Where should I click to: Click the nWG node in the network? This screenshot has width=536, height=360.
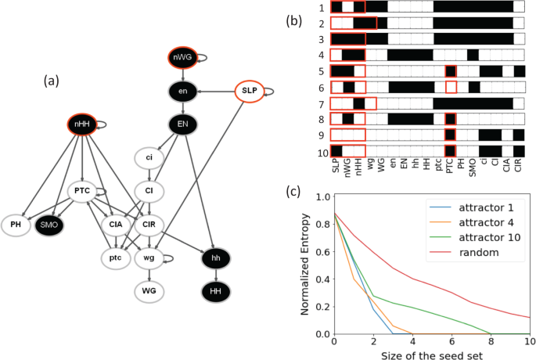182,58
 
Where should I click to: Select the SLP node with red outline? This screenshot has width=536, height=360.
249,92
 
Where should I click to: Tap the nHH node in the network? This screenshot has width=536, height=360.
81,124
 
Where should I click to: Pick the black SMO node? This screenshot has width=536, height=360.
50,225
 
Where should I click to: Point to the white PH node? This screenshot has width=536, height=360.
16,225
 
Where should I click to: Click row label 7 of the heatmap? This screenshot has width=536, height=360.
322,103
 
